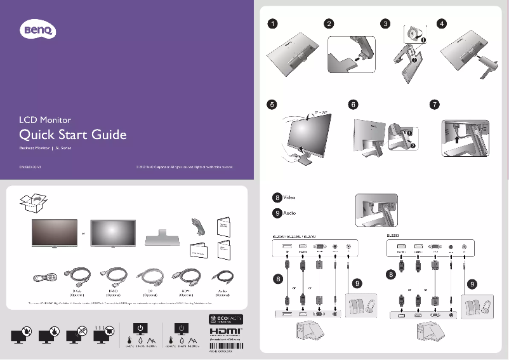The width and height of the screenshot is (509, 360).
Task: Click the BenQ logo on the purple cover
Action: coord(39,29)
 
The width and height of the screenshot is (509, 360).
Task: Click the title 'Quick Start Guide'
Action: coord(73,135)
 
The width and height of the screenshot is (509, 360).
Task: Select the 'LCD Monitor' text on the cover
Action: coord(45,119)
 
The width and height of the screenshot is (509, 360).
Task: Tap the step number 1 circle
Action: coord(272,24)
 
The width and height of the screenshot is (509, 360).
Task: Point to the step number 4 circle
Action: coord(442,24)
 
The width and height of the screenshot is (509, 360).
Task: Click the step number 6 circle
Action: coord(354,104)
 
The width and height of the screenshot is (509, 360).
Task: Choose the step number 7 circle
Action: coord(434,104)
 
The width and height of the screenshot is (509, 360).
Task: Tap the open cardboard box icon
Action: coord(32,203)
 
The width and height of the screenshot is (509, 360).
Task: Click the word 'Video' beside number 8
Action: coord(290,198)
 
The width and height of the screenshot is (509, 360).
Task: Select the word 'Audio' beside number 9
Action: coord(290,213)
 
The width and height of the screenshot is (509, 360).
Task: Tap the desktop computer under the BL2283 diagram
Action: coord(423,331)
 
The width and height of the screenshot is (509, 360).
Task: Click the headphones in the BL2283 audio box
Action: coord(485,306)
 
